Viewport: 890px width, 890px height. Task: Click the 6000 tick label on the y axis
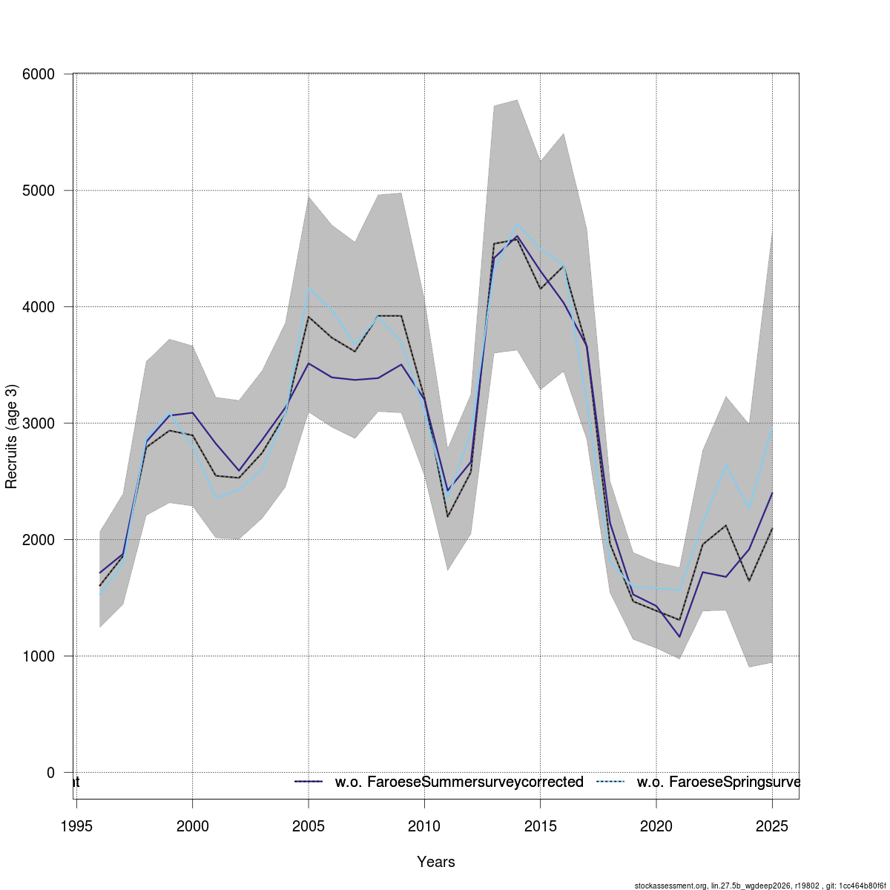39,74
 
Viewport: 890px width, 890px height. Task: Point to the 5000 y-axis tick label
39,191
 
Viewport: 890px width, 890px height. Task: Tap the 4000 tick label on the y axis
39,307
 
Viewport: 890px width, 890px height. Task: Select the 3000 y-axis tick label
39,423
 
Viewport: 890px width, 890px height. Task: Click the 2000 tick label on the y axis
39,540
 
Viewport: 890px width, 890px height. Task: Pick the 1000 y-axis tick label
39,656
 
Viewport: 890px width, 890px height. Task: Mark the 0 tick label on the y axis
50,773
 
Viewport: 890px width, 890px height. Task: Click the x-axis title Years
436,862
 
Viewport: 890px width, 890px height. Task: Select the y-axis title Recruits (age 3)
11,437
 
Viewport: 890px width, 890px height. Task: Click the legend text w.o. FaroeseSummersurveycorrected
459,782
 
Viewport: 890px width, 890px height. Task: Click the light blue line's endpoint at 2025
772,426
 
